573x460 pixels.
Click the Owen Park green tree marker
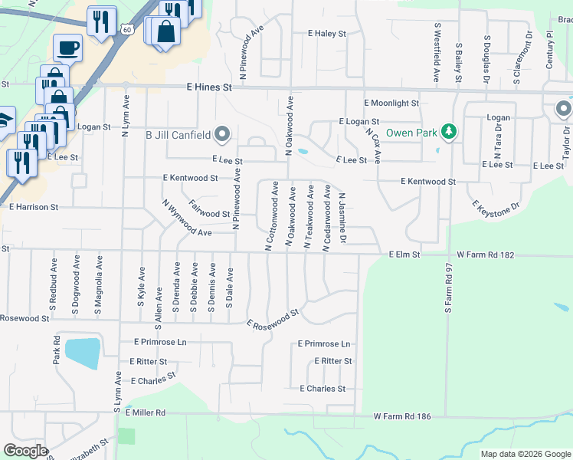coord(449,132)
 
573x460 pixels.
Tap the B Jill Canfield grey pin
coord(222,135)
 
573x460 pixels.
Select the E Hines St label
coord(209,88)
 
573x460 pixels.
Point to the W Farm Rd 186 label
coord(402,416)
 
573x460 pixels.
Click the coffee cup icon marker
coord(67,48)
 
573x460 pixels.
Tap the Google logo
coord(25,451)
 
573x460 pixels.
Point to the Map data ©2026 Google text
coord(525,454)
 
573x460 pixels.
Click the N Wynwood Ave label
coord(187,220)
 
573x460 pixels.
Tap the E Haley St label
coord(327,34)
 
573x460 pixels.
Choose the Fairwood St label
coord(209,214)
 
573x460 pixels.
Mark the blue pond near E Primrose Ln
coord(82,353)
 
